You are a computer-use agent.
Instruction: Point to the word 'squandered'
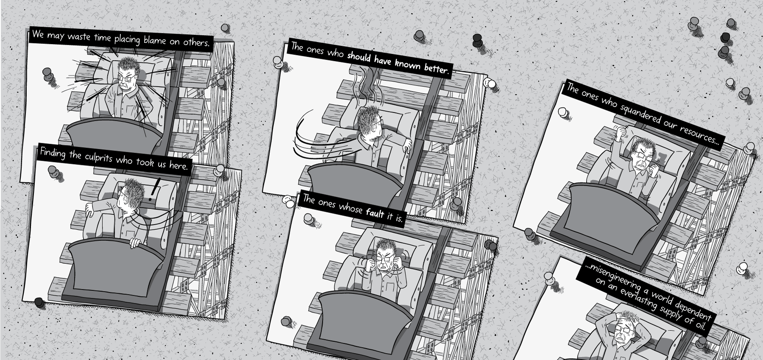[639, 112]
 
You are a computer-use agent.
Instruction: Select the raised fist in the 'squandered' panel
[621, 132]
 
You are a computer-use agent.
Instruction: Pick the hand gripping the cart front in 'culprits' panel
[135, 243]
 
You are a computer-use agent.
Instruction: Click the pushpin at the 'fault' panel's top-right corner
[490, 245]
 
